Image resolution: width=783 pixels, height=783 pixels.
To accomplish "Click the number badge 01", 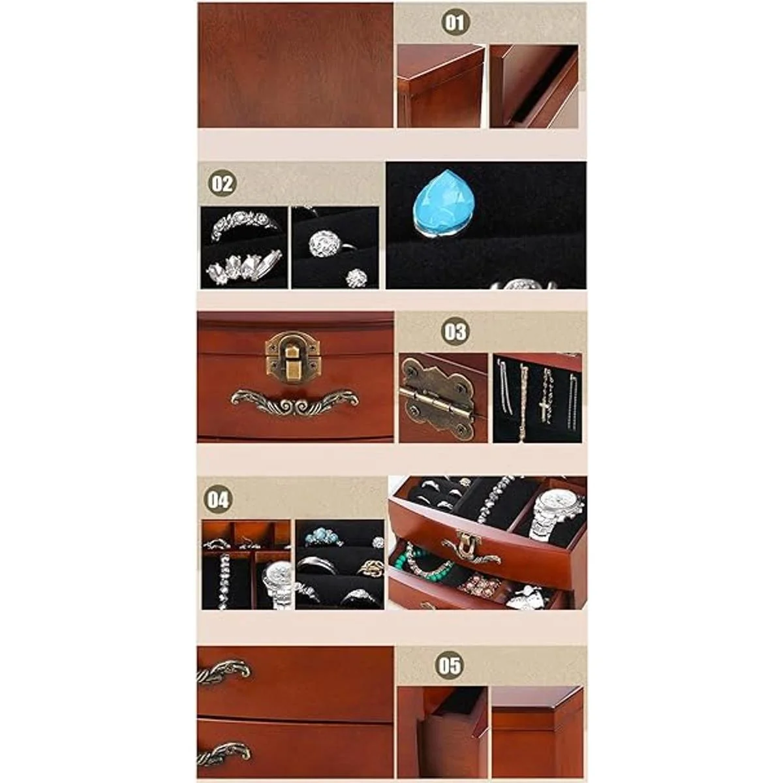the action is coord(454,22).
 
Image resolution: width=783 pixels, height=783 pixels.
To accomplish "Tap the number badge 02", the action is coord(222,183).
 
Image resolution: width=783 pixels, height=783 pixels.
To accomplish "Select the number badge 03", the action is coord(454,331).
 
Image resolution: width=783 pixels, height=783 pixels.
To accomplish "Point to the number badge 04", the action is coord(218,499).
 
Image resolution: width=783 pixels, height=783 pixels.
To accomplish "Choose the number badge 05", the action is coord(449,666).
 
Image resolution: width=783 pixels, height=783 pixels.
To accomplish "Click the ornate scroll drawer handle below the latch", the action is coord(294,402).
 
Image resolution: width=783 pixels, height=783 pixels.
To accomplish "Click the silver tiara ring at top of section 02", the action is coord(243,224).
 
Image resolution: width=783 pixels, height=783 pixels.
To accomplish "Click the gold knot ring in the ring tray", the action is coord(370,566).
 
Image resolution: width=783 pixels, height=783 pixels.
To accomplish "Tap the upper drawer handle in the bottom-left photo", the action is coord(224,673).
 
